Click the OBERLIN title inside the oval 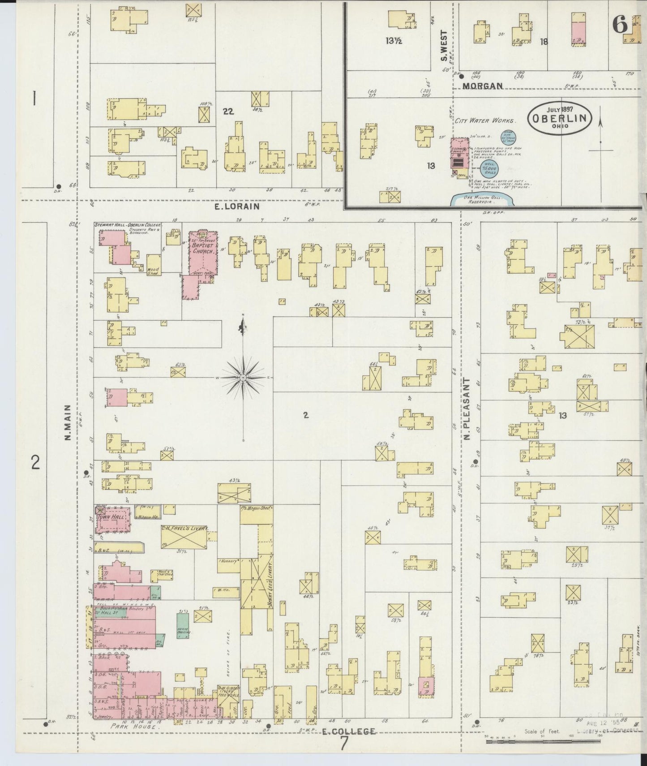tap(560, 118)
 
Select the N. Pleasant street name tap(467, 409)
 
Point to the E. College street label tap(349, 732)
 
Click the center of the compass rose tap(243, 378)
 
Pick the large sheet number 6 tap(620, 24)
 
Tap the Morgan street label tap(483, 86)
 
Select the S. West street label tap(444, 46)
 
